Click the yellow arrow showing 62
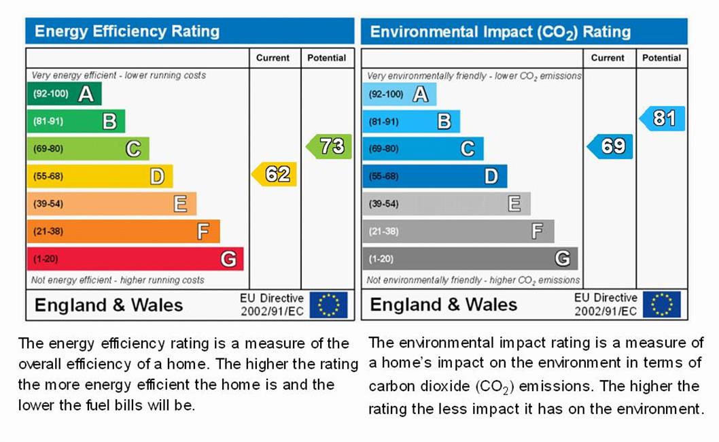pyautogui.click(x=275, y=175)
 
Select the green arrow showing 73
pyautogui.click(x=330, y=146)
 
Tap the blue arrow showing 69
pyautogui.click(x=610, y=146)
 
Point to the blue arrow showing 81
pyautogui.click(x=663, y=118)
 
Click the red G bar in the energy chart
pyautogui.click(x=135, y=258)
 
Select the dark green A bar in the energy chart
pyautogui.click(x=64, y=94)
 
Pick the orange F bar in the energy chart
pyautogui.click(x=123, y=231)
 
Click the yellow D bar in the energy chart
pyautogui.click(x=99, y=176)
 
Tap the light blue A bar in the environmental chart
pyautogui.click(x=399, y=94)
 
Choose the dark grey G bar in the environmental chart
pyautogui.click(x=470, y=258)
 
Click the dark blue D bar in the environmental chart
pyautogui.click(x=434, y=176)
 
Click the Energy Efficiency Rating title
pyautogui.click(x=127, y=31)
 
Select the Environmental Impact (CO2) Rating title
pyautogui.click(x=500, y=32)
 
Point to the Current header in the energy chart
pyautogui.click(x=273, y=58)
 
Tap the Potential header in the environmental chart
pyautogui.click(x=661, y=58)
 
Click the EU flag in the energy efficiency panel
pyautogui.click(x=329, y=305)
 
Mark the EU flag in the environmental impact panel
pyautogui.click(x=662, y=305)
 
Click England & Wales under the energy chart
pyautogui.click(x=109, y=305)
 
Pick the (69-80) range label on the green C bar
pyautogui.click(x=48, y=149)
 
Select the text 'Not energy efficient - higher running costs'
pyautogui.click(x=118, y=279)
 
